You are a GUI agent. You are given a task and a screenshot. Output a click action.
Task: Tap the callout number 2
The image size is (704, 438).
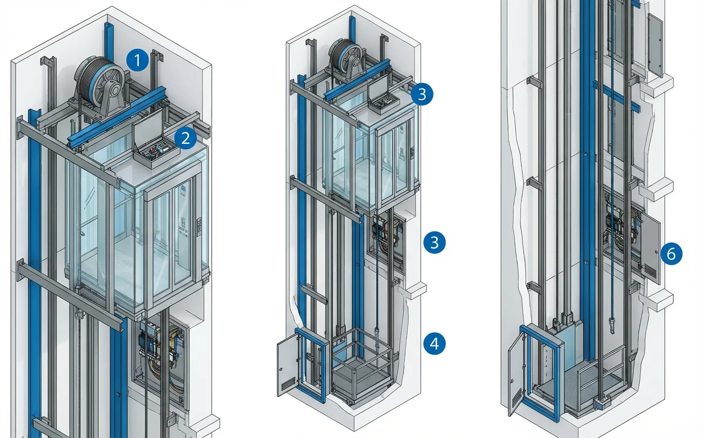(186, 139)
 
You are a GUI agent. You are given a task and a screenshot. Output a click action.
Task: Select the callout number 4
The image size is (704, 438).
(434, 343)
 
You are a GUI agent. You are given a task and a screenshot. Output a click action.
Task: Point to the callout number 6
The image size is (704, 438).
(671, 254)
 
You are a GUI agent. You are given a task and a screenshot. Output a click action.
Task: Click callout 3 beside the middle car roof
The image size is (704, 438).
(422, 94)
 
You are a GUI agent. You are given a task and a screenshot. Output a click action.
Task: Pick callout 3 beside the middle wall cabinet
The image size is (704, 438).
(434, 242)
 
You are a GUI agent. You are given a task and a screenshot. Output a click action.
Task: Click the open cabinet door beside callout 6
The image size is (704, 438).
(650, 248)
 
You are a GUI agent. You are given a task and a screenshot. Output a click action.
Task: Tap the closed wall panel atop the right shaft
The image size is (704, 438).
(655, 45)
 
